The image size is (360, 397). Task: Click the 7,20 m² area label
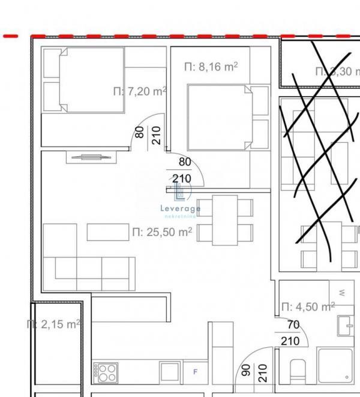(x=139, y=91)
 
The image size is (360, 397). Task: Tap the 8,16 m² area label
(x=211, y=67)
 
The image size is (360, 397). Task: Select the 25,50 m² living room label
(x=162, y=232)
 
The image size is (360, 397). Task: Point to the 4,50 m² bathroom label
(x=308, y=307)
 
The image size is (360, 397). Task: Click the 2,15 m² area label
(x=53, y=324)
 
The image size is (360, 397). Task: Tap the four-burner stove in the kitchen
(x=106, y=372)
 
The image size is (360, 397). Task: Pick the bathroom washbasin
(x=346, y=327)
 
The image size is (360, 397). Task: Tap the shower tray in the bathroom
(x=336, y=365)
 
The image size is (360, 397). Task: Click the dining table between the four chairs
(x=225, y=220)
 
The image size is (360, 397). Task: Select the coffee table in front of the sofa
(x=108, y=232)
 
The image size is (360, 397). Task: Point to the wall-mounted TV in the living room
(x=90, y=157)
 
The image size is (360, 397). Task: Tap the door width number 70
(x=292, y=325)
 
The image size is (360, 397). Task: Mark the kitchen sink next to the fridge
(x=167, y=372)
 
